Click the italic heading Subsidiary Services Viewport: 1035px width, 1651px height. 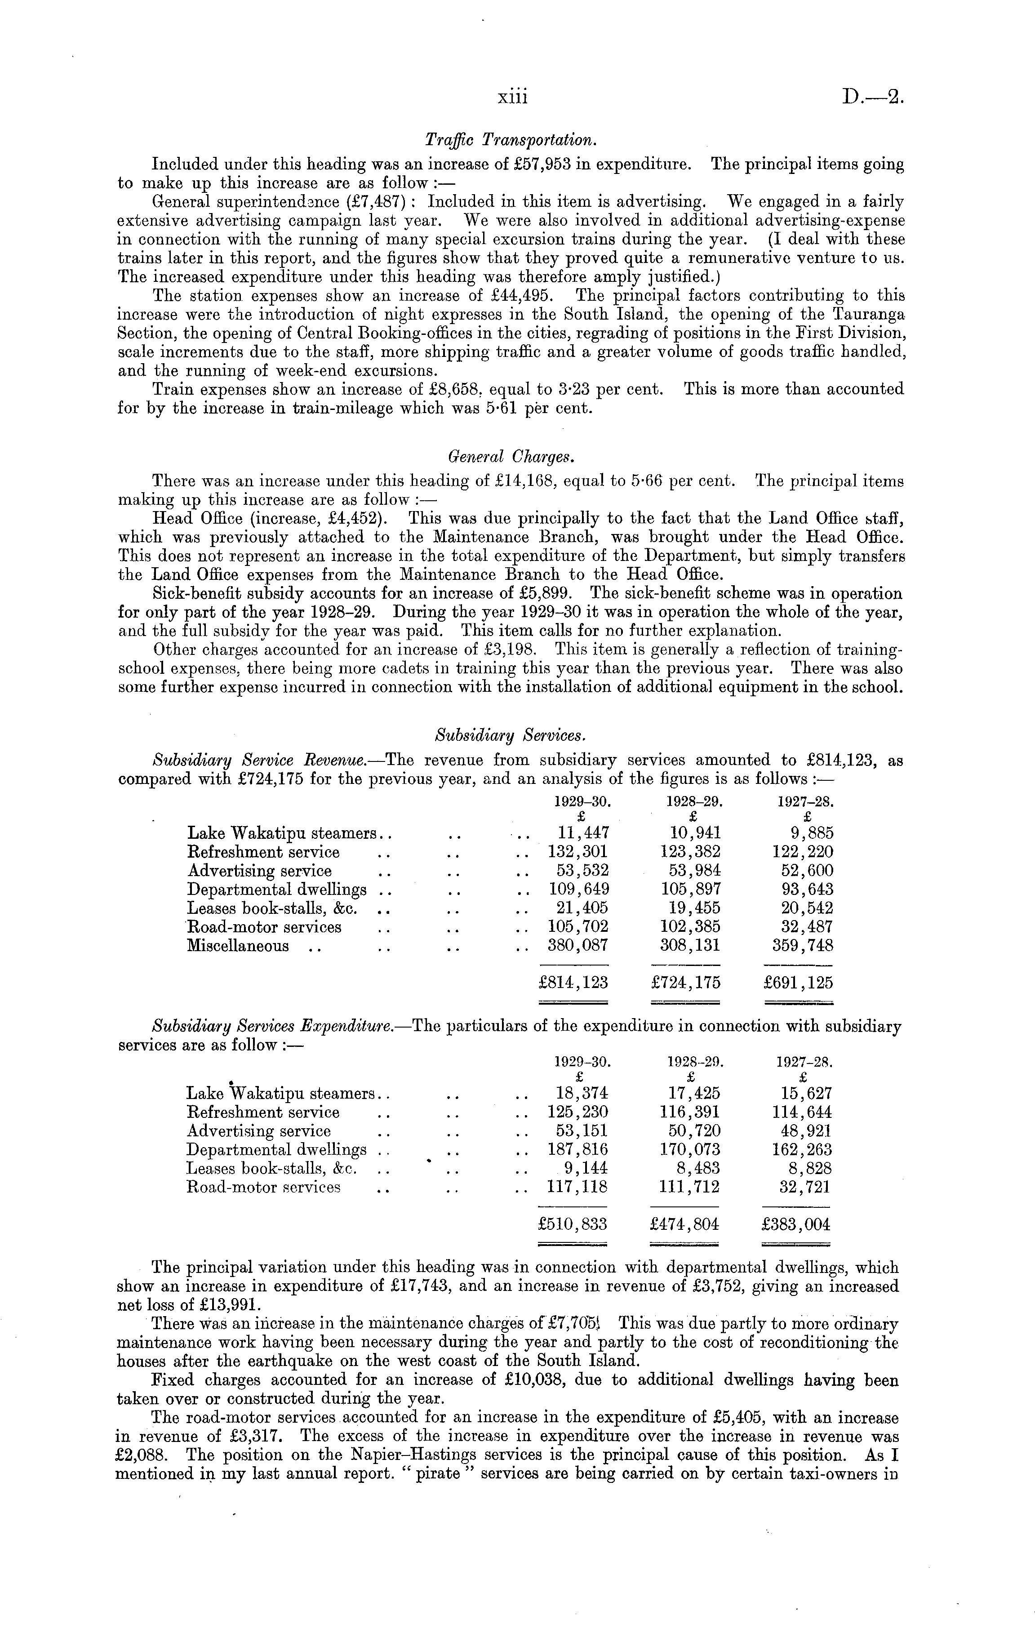(x=511, y=736)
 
